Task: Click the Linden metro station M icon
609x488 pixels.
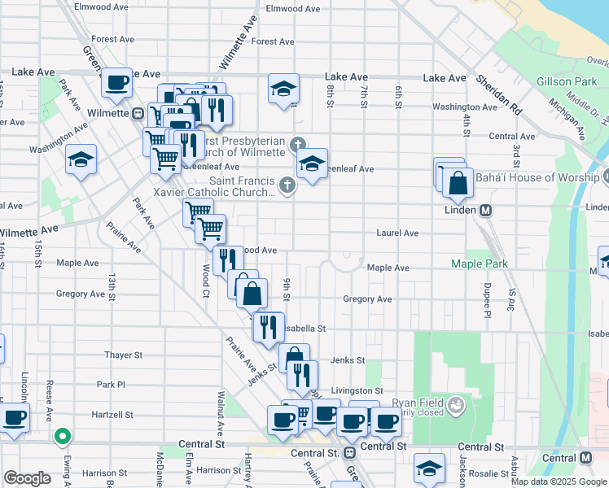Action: click(486, 210)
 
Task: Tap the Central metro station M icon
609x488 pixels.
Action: click(582, 458)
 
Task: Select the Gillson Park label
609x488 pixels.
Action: click(567, 82)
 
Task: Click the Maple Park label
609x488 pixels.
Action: click(480, 264)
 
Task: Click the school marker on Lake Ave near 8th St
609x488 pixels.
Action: click(283, 89)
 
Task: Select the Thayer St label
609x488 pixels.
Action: click(123, 355)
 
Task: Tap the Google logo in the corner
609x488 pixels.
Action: click(27, 478)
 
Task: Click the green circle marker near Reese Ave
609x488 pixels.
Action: click(61, 437)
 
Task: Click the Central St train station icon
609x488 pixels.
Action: click(349, 451)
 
